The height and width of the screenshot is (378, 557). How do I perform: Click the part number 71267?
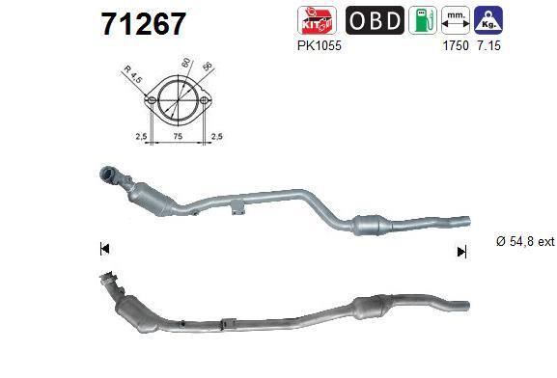coord(143,24)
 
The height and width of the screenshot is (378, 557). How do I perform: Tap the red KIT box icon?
coord(317,20)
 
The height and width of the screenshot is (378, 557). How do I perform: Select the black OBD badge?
coord(375,20)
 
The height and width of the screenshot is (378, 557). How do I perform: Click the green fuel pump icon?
coord(423,20)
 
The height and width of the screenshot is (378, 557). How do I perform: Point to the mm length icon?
coord(456,20)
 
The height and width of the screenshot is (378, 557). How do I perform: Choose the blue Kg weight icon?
coord(488,20)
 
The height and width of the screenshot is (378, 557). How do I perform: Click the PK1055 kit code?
coord(319,45)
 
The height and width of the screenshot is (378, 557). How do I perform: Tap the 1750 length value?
coord(456,45)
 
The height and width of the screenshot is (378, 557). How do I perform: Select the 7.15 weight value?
coord(488,45)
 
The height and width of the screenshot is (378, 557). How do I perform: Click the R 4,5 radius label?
coord(133,74)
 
